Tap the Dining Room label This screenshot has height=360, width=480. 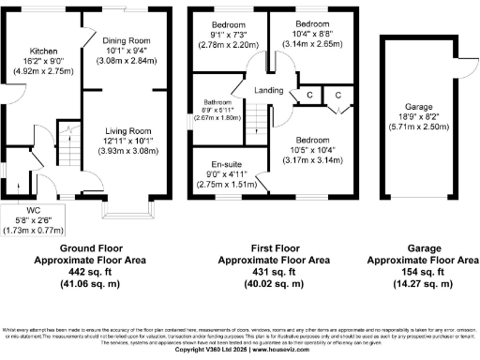126,40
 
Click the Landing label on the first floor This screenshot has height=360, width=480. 269,90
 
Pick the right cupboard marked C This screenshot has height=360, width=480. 336,96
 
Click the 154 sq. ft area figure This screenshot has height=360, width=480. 421,269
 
